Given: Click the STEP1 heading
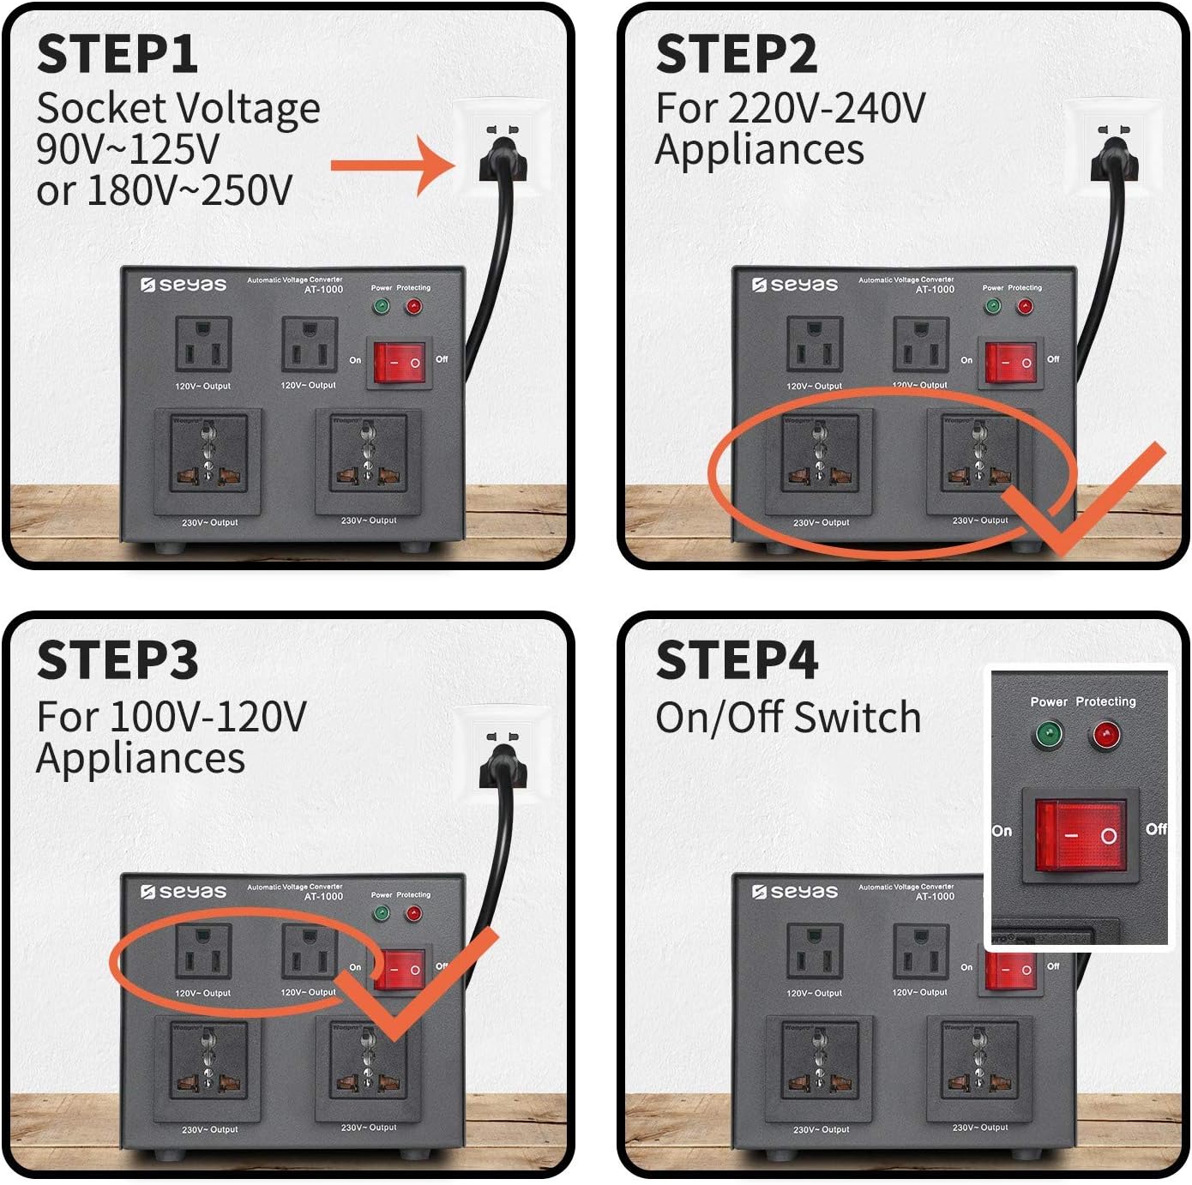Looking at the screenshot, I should point(117,55).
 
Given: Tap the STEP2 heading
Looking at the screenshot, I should point(737,55).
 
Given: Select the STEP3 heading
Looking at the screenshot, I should point(117,661).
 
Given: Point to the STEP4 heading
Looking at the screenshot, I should point(737,661).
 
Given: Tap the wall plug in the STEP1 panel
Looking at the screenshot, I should point(503,154).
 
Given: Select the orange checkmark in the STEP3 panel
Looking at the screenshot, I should point(420,986).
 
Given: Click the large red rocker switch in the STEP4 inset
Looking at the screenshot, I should point(1081,834).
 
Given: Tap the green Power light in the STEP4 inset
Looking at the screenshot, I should point(1048,735).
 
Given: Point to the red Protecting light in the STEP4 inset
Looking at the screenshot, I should point(1105,735).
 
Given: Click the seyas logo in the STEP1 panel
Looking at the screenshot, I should point(184,285).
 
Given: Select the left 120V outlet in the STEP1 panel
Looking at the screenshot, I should point(203,345).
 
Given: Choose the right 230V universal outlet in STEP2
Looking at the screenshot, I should point(980,461).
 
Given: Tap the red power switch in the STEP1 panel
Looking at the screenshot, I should point(400,362).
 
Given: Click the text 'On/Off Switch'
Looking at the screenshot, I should point(788,718).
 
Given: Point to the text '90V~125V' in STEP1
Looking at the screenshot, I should point(128,149).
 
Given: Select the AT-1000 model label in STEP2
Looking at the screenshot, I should point(935,290).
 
